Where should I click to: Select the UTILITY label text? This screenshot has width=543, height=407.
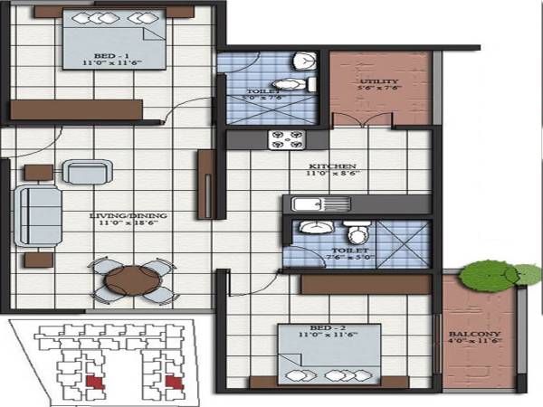[x=379, y=80]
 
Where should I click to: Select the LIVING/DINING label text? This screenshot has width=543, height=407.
[x=120, y=216]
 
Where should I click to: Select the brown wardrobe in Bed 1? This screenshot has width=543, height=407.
[x=77, y=109]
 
